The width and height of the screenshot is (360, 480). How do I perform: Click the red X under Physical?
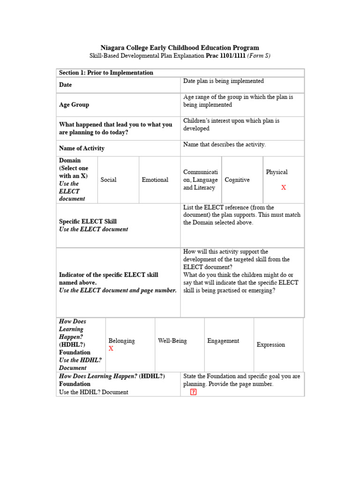click(283, 187)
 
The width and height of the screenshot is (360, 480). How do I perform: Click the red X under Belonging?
click(111, 349)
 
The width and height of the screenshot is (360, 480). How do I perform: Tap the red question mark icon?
click(193, 392)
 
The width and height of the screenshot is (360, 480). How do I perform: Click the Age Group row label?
click(74, 105)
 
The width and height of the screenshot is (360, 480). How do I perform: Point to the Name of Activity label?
click(82, 148)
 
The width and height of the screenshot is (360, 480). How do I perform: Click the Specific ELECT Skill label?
click(88, 221)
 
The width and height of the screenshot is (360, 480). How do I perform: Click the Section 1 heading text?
click(106, 73)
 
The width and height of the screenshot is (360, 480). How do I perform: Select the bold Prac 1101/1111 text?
click(223, 56)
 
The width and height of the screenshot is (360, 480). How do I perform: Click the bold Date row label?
click(66, 85)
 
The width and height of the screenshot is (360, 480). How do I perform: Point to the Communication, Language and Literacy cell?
click(200, 180)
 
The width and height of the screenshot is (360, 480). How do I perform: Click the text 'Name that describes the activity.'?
click(224, 144)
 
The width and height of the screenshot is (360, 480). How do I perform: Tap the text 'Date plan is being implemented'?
click(223, 81)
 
